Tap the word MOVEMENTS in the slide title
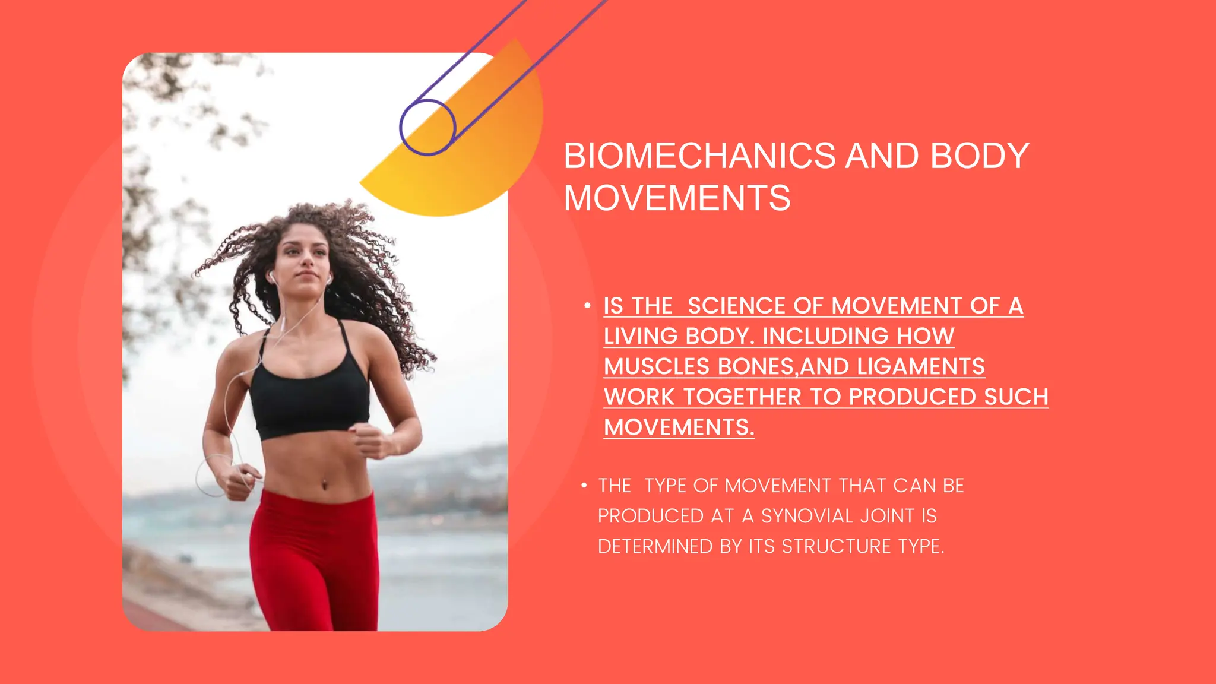[677, 198]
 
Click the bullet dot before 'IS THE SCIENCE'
[587, 306]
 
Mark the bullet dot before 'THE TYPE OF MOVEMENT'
[584, 486]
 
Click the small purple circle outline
[427, 127]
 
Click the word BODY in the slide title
[979, 156]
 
